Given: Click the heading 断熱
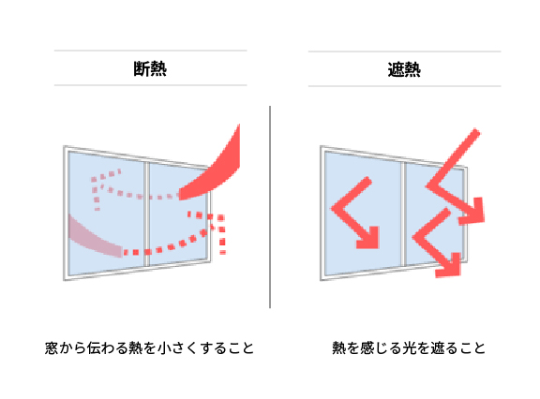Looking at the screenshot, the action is coord(150,68).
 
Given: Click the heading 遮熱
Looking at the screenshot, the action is coord(404,69).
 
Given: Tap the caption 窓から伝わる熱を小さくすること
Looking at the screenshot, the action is coord(149,348).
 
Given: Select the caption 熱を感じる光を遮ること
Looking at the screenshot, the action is coord(409,348).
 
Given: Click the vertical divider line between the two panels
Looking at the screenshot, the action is coord(270,207).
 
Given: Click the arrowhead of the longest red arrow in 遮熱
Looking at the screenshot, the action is coord(473,212).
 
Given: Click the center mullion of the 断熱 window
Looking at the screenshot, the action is coord(146,214).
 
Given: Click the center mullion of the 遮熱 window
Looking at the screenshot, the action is coord(403,214).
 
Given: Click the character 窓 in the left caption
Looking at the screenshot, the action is coord(52,348).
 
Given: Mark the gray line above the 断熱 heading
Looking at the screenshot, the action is coord(151,51).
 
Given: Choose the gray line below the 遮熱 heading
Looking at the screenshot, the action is coord(405,86).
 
